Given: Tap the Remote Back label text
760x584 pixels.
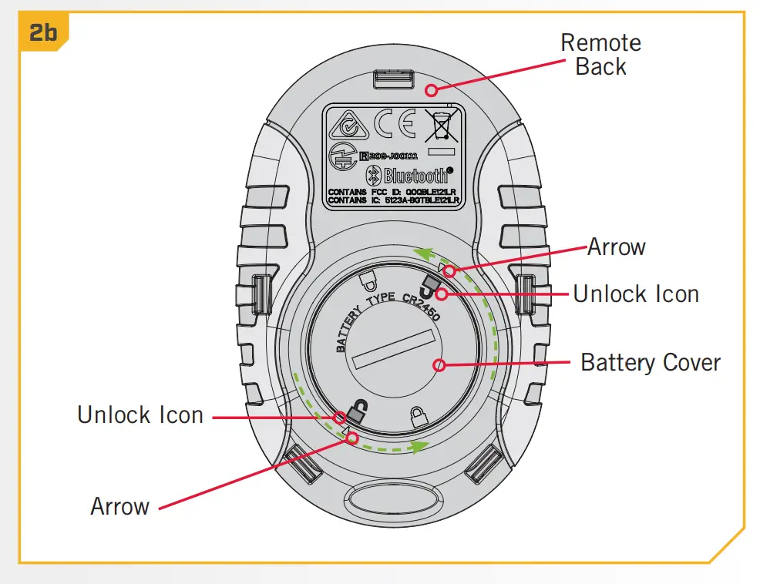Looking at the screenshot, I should point(600,54).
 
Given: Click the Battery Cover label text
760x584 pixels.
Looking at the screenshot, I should point(650,362).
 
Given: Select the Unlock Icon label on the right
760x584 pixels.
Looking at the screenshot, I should point(636,294).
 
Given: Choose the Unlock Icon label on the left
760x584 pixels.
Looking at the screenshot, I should point(140,415).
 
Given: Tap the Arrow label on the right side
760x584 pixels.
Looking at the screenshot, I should point(616,247).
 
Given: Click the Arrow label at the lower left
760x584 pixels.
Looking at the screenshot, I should point(119,506).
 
